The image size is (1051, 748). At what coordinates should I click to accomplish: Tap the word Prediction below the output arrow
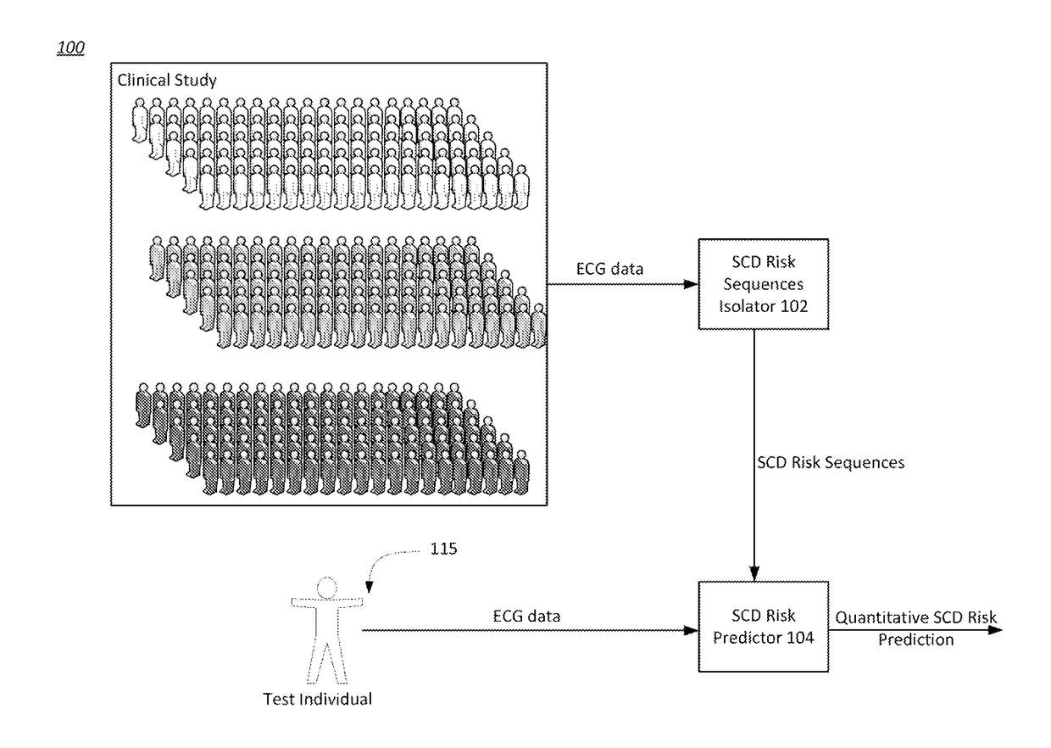point(915,639)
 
